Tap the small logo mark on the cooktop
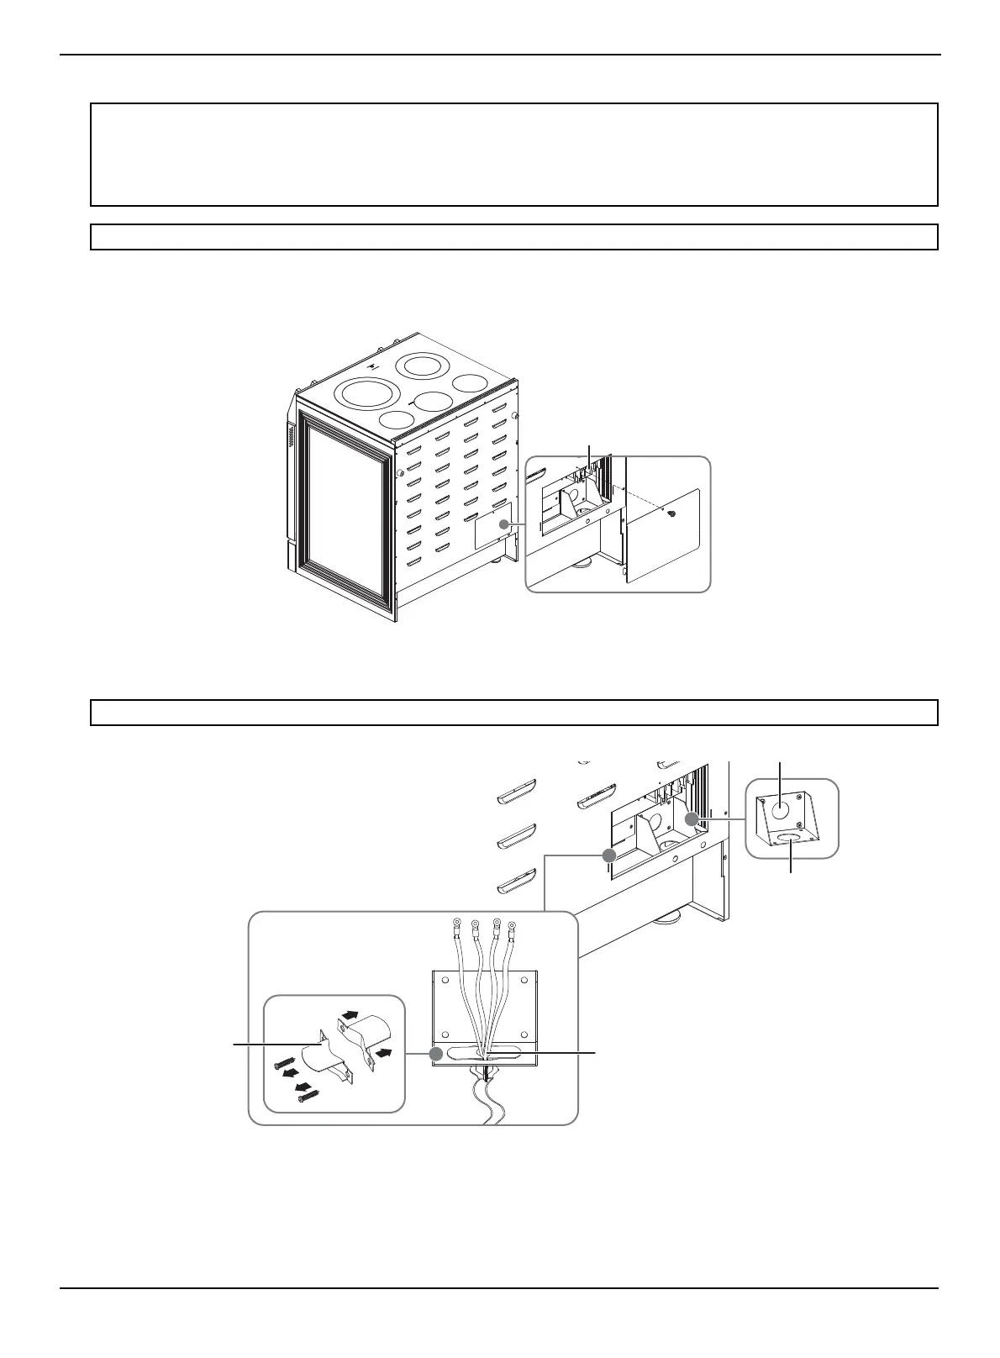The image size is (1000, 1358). click(x=375, y=366)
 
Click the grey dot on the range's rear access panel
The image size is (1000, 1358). click(x=503, y=524)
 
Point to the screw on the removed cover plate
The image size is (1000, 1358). click(x=671, y=513)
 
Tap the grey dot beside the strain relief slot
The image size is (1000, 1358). click(x=436, y=1053)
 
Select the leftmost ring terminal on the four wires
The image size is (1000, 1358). click(x=455, y=924)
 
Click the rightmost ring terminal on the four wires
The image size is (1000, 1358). click(x=512, y=930)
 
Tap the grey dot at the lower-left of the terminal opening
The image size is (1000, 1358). click(x=609, y=854)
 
